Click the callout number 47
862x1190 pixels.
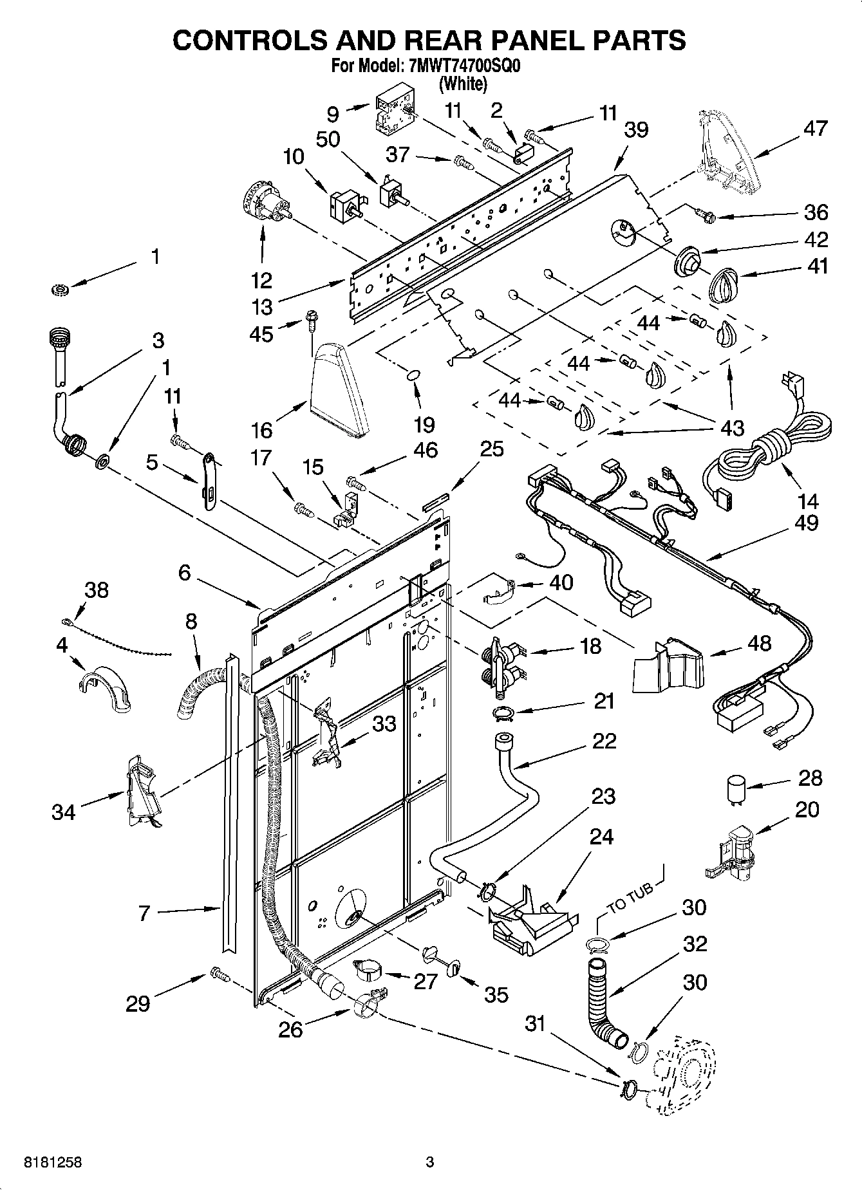tap(816, 129)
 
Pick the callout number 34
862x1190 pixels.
tap(64, 812)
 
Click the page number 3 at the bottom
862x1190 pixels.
tap(430, 1162)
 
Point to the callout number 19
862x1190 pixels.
tap(425, 424)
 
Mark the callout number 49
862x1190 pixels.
tap(806, 522)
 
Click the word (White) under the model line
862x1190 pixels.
tap(463, 83)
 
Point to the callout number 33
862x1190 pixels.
tap(384, 723)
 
